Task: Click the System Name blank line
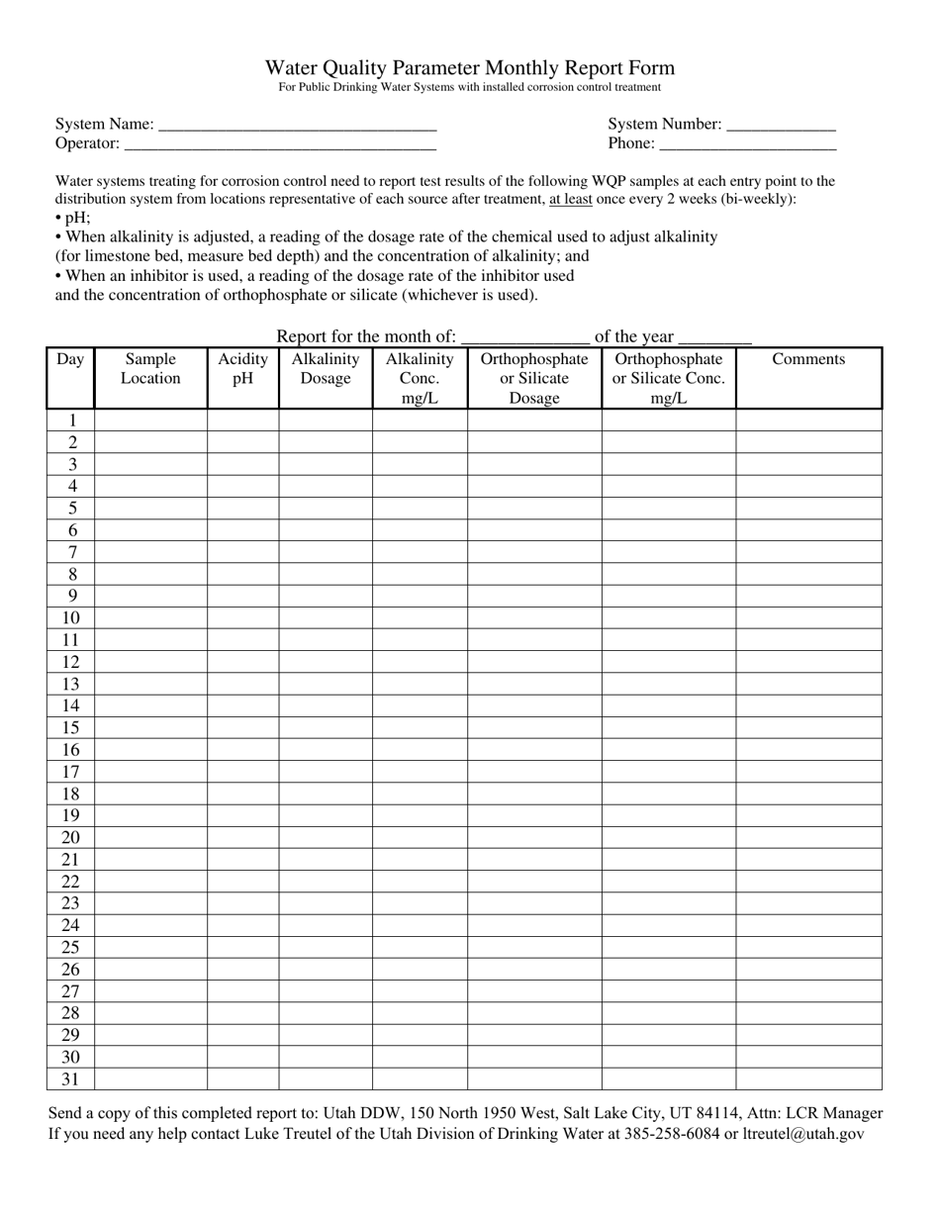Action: (x=297, y=126)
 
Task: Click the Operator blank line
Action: (x=280, y=144)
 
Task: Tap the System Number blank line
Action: (x=781, y=126)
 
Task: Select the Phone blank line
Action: (x=747, y=144)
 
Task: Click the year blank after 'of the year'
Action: (x=714, y=337)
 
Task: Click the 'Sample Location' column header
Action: (x=150, y=369)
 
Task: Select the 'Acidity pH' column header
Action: (x=242, y=369)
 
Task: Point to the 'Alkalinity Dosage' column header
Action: (x=325, y=369)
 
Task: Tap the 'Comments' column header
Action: (x=808, y=359)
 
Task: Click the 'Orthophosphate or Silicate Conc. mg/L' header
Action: (x=669, y=378)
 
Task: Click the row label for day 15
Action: (x=70, y=728)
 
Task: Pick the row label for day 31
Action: (x=70, y=1079)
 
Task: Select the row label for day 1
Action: (x=71, y=421)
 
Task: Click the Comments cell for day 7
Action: (x=808, y=552)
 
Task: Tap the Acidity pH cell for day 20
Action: (x=242, y=838)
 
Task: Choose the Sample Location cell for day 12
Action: (x=150, y=662)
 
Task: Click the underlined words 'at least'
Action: (x=571, y=199)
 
